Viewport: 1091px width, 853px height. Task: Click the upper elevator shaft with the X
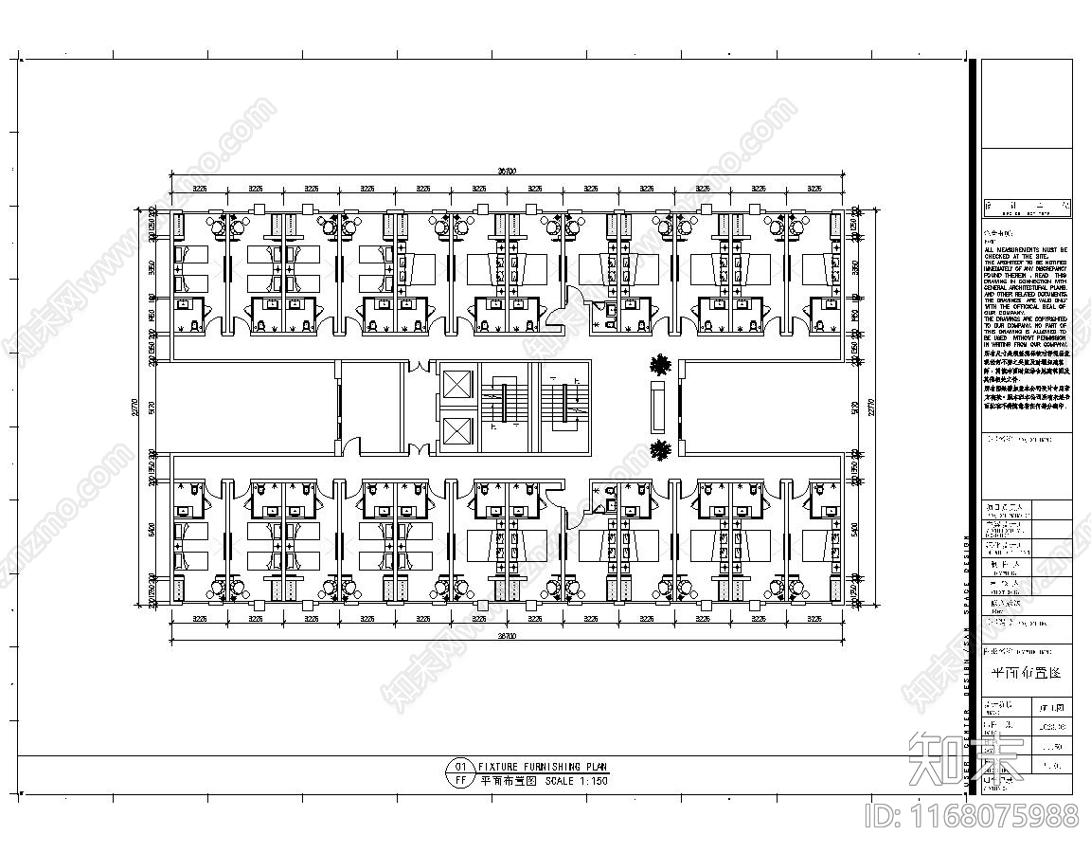pos(456,386)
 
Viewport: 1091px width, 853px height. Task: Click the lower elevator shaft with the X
pos(456,429)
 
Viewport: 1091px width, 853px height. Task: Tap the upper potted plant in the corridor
pos(660,364)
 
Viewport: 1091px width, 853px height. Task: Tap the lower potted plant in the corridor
pos(660,449)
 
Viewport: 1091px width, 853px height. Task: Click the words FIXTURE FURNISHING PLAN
pos(544,767)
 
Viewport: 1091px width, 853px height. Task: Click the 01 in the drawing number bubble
pos(460,767)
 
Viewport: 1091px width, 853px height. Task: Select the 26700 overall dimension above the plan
pos(508,172)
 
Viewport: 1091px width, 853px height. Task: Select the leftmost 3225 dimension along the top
pos(200,189)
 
